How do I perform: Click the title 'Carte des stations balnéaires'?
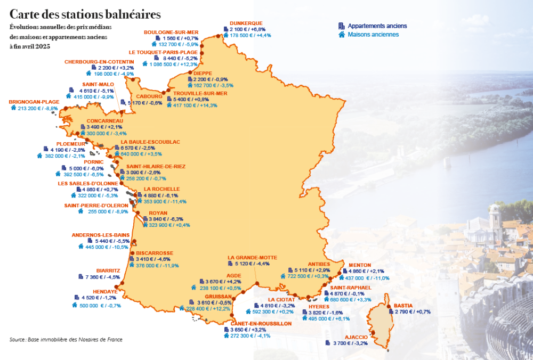point(85,13)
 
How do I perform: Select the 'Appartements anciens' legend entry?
point(377,26)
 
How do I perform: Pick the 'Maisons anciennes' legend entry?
point(373,35)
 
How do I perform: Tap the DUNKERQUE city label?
point(246,23)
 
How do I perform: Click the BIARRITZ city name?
point(108,271)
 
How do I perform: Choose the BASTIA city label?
point(403,306)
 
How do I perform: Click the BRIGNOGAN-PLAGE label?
point(34,101)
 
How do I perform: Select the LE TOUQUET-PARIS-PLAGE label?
point(163,52)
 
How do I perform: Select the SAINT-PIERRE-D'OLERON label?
point(96,205)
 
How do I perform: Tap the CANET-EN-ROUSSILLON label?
point(261,323)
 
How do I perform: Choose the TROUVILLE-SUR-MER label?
point(200,93)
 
